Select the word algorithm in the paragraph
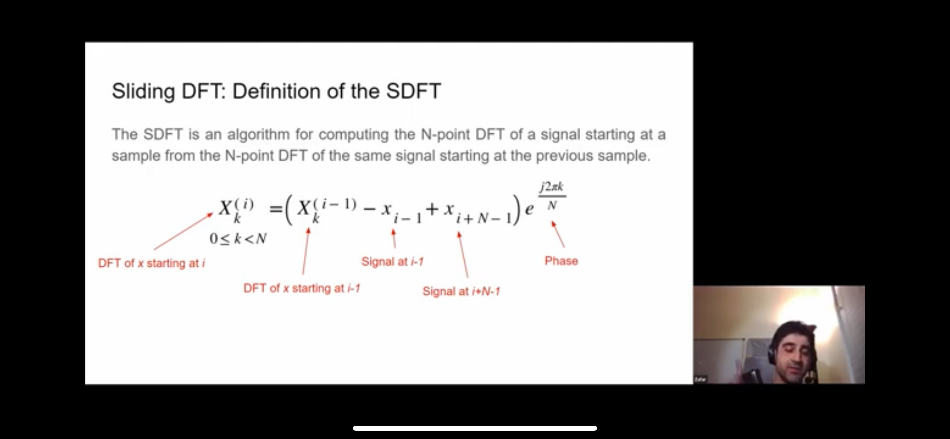point(259,135)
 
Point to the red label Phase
point(561,261)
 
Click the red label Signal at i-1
point(392,262)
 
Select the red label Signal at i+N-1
point(461,291)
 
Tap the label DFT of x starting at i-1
point(302,288)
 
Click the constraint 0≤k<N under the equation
point(238,239)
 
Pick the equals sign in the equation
point(276,209)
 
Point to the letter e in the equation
point(529,209)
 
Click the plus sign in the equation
point(432,209)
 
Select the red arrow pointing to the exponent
point(558,234)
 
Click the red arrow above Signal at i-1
point(394,239)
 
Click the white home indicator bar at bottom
point(475,428)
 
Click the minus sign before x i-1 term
point(370,209)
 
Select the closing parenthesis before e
point(517,210)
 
